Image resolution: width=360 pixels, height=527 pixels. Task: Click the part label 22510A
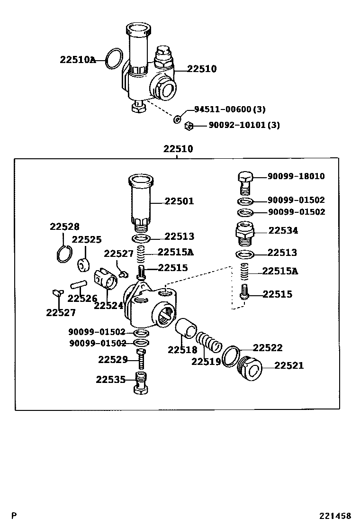(78, 60)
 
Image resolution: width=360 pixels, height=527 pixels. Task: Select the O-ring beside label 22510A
(113, 59)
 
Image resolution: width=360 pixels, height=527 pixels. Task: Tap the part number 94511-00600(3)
(229, 109)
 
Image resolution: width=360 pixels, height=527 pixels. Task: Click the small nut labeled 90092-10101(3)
(188, 126)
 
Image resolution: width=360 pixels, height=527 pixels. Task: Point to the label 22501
(179, 201)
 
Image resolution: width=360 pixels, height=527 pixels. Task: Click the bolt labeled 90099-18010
(245, 181)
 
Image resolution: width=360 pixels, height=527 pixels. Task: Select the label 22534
(283, 231)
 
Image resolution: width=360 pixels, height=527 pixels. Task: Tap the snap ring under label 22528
(64, 254)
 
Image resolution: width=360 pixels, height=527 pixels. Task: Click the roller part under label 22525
(85, 263)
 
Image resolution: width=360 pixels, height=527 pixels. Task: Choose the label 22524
(108, 306)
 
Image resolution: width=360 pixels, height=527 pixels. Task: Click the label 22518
(182, 350)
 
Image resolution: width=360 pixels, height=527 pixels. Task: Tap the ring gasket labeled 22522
(231, 356)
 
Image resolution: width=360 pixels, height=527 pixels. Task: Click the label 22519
(206, 362)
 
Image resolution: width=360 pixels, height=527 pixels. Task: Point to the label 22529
(113, 360)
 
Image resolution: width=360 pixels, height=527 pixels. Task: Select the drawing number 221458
(334, 516)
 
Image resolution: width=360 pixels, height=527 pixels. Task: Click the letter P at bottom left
(14, 516)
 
